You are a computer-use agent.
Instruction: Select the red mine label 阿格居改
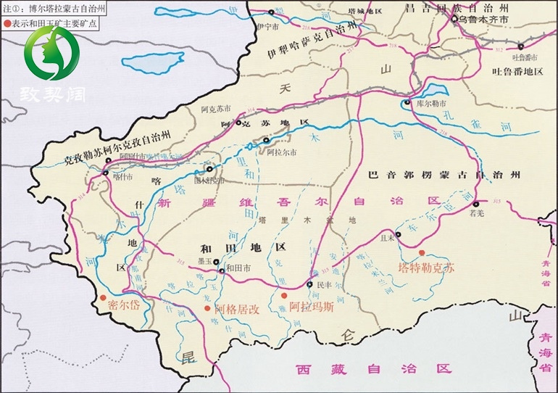coord(237,307)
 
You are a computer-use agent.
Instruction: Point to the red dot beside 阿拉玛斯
coord(283,295)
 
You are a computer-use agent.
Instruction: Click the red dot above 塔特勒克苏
coord(422,252)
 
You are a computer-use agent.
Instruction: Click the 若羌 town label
coord(476,214)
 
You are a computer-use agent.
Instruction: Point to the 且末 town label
coord(388,236)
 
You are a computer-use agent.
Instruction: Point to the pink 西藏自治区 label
coord(372,368)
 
